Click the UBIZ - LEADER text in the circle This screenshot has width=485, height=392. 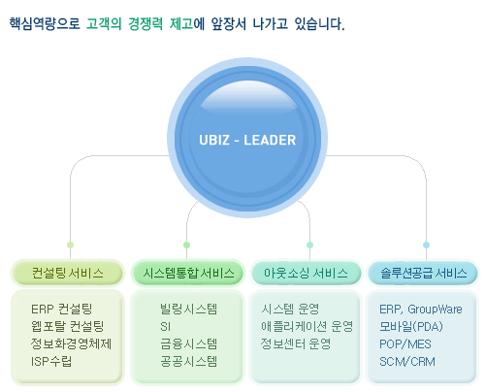[247, 140]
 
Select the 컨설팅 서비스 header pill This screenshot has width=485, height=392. [68, 273]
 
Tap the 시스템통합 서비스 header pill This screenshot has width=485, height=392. [188, 273]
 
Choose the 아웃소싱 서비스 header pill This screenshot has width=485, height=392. [306, 273]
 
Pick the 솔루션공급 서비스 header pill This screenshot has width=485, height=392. [423, 273]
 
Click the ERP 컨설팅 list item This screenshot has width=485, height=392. [61, 309]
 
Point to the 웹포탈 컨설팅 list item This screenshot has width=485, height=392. [67, 326]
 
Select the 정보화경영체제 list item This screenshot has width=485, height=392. [71, 343]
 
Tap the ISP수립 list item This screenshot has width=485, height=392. [51, 361]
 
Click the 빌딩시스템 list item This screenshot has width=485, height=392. [189, 309]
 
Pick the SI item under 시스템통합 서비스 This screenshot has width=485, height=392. [165, 327]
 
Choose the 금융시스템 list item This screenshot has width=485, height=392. [189, 343]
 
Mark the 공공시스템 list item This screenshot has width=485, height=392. [189, 361]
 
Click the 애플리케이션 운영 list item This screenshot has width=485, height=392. [307, 326]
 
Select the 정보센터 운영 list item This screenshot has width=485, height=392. [296, 343]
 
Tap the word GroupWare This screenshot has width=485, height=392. [435, 310]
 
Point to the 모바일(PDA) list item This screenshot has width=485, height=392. [411, 326]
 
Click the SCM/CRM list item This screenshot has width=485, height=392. [407, 362]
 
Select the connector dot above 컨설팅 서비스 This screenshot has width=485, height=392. [70, 245]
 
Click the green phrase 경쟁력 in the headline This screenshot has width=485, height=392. [145, 24]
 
